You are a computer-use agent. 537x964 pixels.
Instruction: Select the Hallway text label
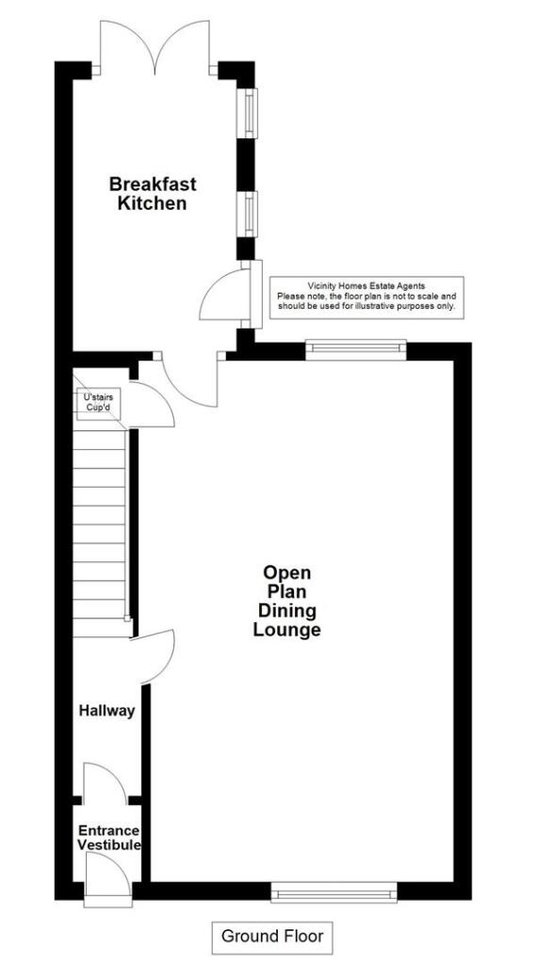106,711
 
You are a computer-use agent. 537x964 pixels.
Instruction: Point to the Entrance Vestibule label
108,838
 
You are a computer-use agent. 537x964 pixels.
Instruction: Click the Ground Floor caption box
271,936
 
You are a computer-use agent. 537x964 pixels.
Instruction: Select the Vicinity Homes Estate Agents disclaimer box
366,296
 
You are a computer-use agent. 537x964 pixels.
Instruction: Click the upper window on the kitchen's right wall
249,113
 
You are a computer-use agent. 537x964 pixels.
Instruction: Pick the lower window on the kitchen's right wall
249,214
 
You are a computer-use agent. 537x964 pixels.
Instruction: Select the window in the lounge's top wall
355,350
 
